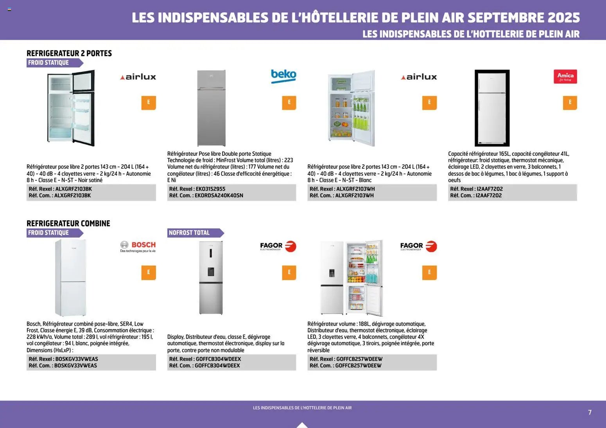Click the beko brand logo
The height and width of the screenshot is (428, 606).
[x=283, y=76]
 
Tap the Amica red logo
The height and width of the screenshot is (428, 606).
[x=565, y=77]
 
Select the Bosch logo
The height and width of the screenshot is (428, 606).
[x=138, y=246]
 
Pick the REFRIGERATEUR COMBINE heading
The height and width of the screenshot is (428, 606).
[x=68, y=223]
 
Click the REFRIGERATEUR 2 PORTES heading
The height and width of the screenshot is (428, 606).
[x=69, y=53]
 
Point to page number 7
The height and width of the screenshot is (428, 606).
[x=590, y=412]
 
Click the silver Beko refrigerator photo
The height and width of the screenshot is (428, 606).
[x=211, y=108]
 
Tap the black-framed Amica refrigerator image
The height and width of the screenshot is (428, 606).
[x=492, y=108]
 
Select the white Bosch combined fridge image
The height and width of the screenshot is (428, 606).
[x=71, y=277]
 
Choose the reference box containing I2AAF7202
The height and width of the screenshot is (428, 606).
[x=512, y=192]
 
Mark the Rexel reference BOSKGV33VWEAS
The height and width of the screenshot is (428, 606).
[x=77, y=359]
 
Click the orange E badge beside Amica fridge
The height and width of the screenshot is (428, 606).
[x=570, y=103]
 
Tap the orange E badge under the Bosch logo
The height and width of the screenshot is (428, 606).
[x=149, y=273]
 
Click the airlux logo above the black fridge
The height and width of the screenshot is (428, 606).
[x=138, y=77]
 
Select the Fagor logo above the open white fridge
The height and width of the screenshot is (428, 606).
[x=418, y=246]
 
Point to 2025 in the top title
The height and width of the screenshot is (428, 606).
[x=563, y=18]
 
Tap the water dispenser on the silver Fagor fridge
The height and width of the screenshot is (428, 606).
[x=211, y=271]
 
